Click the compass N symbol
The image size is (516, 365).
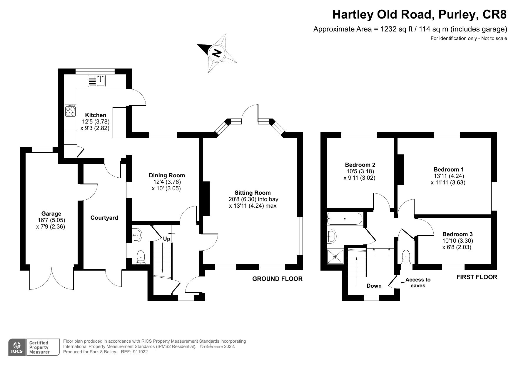click(x=217, y=53)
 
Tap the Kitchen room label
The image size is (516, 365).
click(x=96, y=115)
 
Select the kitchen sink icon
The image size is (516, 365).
click(x=97, y=81)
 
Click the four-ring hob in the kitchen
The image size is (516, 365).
click(x=71, y=111)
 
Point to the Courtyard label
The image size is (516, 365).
click(x=104, y=218)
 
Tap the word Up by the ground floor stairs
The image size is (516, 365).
click(x=167, y=239)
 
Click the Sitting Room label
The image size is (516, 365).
click(x=252, y=193)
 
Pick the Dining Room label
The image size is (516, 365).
click(x=167, y=175)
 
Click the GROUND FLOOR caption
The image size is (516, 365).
click(x=277, y=279)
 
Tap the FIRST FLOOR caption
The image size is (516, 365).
click(x=477, y=277)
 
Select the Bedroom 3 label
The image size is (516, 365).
click(x=457, y=234)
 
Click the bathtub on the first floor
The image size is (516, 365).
click(x=344, y=219)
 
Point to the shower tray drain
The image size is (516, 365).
click(x=335, y=256)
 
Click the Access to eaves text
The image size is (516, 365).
click(x=418, y=282)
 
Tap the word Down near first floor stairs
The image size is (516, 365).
click(x=374, y=286)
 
